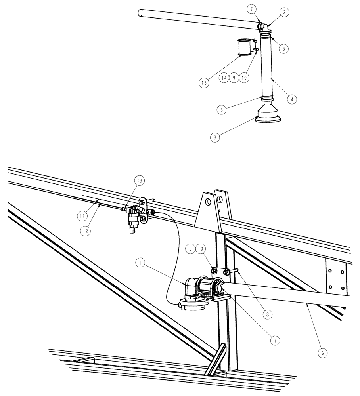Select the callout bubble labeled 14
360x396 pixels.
pos(224,78)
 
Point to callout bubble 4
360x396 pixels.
pos(292,99)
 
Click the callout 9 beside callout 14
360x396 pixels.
pos(234,78)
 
